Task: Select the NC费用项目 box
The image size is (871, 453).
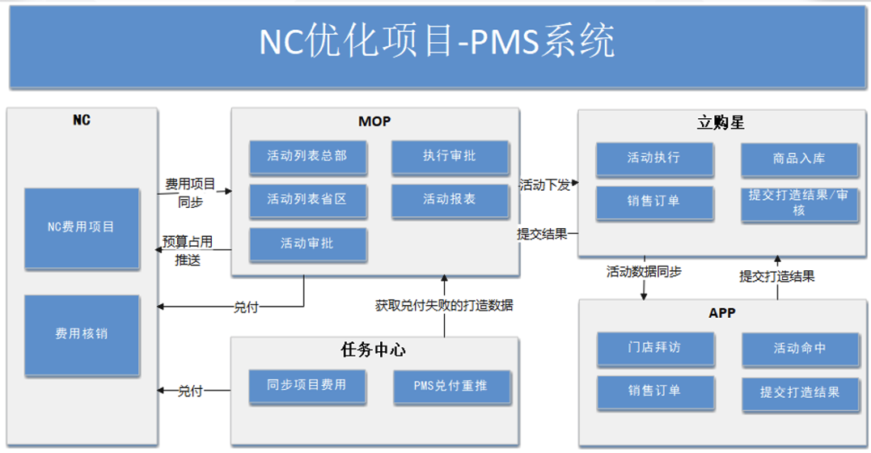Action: pyautogui.click(x=81, y=227)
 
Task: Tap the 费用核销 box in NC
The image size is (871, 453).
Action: pyautogui.click(x=81, y=333)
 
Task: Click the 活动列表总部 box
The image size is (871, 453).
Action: pyautogui.click(x=307, y=156)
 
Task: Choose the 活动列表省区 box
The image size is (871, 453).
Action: pyautogui.click(x=307, y=199)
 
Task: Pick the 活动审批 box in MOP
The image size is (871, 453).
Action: pyautogui.click(x=307, y=243)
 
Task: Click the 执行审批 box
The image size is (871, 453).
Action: pyautogui.click(x=450, y=156)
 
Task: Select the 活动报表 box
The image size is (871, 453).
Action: pyautogui.click(x=450, y=199)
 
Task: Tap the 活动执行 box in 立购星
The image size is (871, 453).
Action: pyautogui.click(x=654, y=159)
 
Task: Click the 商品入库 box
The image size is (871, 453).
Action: pyautogui.click(x=799, y=159)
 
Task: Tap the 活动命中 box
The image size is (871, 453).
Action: pyautogui.click(x=799, y=349)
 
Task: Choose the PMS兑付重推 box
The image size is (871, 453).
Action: pyautogui.click(x=451, y=387)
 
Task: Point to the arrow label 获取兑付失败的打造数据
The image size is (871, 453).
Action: pyautogui.click(x=444, y=306)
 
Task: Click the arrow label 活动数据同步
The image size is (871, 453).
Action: pyautogui.click(x=644, y=273)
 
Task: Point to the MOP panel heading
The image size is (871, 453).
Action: pyautogui.click(x=374, y=122)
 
